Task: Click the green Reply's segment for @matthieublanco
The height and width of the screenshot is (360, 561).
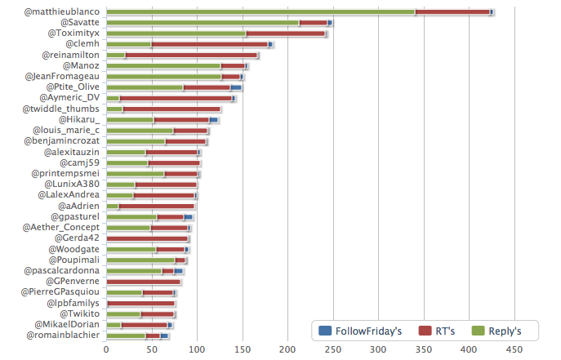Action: pyautogui.click(x=192, y=12)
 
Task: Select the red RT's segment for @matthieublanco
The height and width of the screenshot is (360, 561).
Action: pyautogui.click(x=313, y=12)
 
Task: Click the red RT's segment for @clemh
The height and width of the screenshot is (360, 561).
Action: pyautogui.click(x=209, y=44)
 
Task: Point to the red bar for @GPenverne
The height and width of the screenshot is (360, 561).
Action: pyautogui.click(x=143, y=282)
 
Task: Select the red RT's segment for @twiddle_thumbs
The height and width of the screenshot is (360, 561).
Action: pyautogui.click(x=171, y=109)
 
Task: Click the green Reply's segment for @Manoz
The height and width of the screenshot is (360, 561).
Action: pyautogui.click(x=163, y=65)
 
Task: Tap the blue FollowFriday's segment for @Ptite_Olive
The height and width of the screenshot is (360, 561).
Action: pyautogui.click(x=236, y=87)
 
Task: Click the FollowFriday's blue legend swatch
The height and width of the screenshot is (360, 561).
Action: pyautogui.click(x=324, y=331)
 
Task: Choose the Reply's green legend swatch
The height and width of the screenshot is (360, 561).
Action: pyautogui.click(x=480, y=331)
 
